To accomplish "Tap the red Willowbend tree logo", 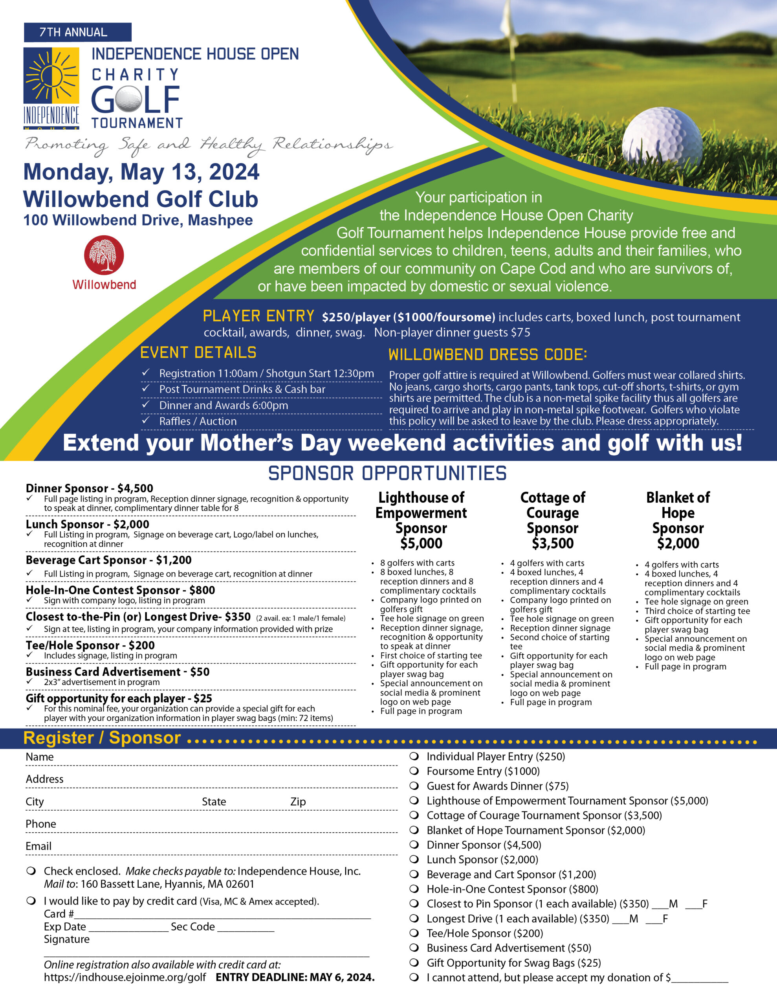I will click(104, 255).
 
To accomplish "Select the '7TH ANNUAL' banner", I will click(77, 32).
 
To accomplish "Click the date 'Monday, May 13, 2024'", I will click(141, 172).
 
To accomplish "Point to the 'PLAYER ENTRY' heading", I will click(258, 316).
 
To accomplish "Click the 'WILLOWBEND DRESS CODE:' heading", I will click(487, 355).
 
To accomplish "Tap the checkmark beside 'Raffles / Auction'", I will click(146, 420).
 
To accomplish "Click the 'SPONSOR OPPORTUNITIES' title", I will click(387, 474).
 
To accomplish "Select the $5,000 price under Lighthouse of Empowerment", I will click(421, 543).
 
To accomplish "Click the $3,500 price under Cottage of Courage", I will click(552, 543).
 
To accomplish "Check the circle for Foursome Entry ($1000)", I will click(414, 771).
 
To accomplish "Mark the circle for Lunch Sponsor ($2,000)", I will click(414, 859).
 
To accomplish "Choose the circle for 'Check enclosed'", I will click(31, 871).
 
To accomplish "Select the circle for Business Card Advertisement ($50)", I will click(414, 948).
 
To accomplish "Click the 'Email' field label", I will click(38, 846).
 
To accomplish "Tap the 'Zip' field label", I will click(298, 802).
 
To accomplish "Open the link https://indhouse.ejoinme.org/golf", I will click(125, 977).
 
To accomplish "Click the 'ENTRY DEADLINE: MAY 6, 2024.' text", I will click(295, 977).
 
